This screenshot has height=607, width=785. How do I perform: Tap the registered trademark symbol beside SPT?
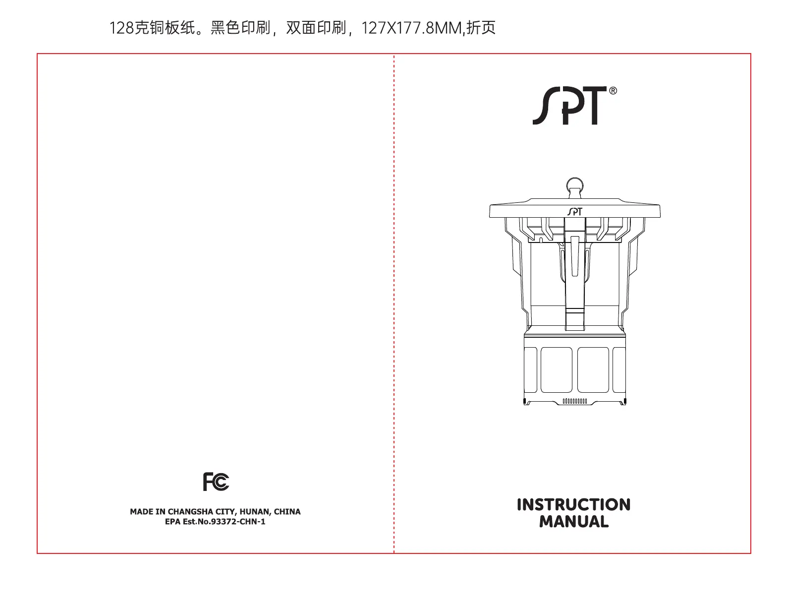(613, 91)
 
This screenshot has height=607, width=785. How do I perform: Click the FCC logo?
(216, 482)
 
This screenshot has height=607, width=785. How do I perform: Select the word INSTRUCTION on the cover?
(573, 505)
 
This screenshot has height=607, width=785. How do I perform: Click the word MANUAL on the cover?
(573, 522)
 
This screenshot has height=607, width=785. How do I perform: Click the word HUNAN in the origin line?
(255, 512)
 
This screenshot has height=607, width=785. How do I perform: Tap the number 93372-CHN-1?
(238, 522)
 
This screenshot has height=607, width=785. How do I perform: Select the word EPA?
(172, 522)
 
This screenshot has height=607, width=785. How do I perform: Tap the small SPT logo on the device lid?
(574, 212)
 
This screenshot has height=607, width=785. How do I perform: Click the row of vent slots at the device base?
(575, 401)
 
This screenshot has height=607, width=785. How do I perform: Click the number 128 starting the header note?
(121, 28)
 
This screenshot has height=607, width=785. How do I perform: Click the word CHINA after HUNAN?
(287, 512)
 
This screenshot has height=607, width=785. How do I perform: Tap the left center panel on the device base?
(557, 369)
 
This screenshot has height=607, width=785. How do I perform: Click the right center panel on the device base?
(593, 369)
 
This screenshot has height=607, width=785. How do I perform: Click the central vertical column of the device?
(574, 278)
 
